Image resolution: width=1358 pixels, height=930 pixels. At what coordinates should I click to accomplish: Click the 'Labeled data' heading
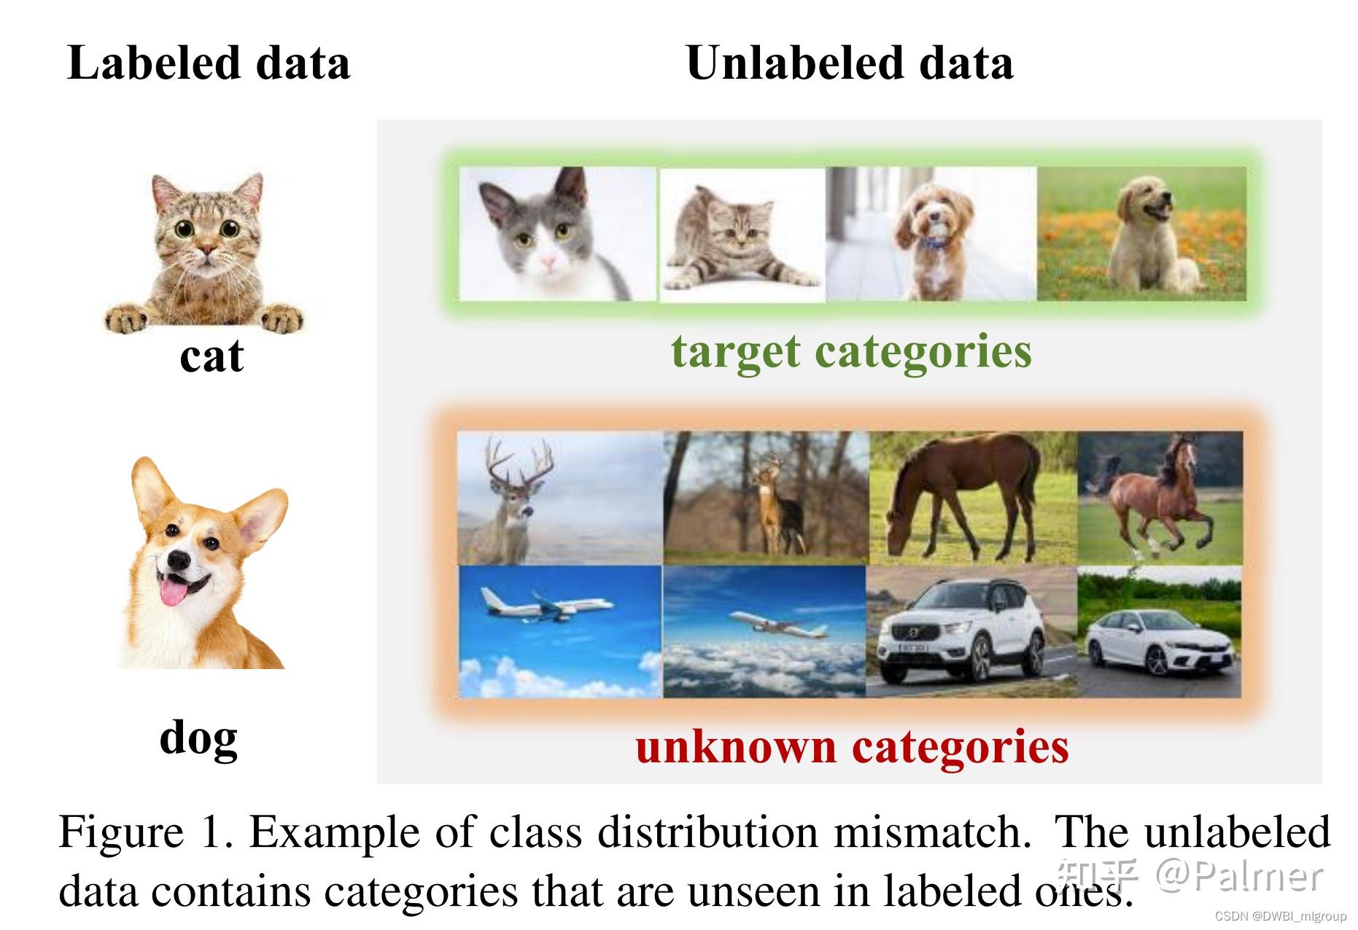[209, 63]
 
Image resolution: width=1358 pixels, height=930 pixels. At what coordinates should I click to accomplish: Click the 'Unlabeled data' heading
[850, 63]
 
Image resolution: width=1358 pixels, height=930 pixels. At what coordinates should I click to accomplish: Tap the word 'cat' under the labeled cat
[212, 356]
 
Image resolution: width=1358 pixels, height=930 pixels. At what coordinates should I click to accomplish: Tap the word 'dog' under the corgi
[198, 737]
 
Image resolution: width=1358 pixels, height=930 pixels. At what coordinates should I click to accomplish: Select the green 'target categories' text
[851, 351]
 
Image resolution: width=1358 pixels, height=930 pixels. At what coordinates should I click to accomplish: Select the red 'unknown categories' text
[852, 746]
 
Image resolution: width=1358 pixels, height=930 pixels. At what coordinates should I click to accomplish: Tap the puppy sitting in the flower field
[1141, 233]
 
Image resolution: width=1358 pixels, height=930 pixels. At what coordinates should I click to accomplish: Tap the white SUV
[963, 633]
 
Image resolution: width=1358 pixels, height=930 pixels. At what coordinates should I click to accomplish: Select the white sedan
[1160, 641]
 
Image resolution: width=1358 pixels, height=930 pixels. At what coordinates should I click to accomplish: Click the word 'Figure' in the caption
[121, 832]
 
